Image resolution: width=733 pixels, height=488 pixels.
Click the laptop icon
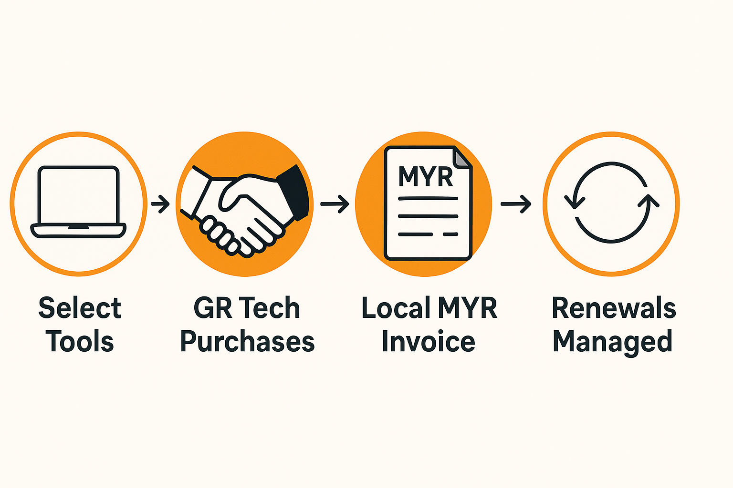tap(78, 202)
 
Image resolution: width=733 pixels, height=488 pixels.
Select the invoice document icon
tap(428, 203)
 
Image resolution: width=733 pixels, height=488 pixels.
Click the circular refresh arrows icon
tap(611, 203)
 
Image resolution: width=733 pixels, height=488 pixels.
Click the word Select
tap(80, 308)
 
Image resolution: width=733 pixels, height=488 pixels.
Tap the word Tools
tap(80, 341)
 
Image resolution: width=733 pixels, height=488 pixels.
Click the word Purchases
tap(247, 341)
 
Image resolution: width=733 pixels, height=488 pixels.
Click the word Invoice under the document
tap(428, 341)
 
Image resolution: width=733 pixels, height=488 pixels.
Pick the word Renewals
tap(614, 308)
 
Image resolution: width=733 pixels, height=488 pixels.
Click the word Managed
tap(613, 342)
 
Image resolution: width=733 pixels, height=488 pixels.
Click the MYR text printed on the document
tap(425, 176)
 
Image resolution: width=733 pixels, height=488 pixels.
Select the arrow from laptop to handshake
tap(160, 204)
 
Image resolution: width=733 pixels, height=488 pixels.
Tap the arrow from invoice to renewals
tap(516, 204)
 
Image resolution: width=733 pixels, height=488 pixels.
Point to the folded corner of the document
tap(462, 157)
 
